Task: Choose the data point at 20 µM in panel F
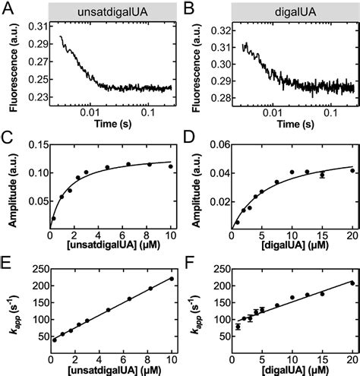click(x=352, y=283)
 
